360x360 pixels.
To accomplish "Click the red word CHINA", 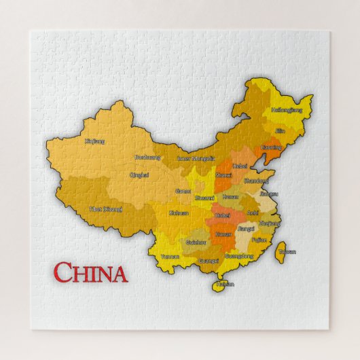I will [90, 273].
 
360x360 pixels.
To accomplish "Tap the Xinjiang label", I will [95, 141].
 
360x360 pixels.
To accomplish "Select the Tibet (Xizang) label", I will [105, 209].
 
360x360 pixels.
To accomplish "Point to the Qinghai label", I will [139, 175].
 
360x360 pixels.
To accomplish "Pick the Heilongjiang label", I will [286, 109].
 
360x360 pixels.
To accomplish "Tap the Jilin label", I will [280, 130].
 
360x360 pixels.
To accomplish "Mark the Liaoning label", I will [271, 147].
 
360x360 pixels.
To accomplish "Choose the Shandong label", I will [255, 181].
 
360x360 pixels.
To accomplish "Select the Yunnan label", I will [170, 257].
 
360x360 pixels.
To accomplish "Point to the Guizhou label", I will [196, 242].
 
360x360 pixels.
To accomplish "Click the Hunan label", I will [223, 234].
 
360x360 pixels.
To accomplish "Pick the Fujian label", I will [259, 240].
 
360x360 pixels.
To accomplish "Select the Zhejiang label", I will [270, 223].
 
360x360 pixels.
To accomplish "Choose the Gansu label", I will [183, 192].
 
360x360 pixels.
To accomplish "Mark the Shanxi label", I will [223, 175].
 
